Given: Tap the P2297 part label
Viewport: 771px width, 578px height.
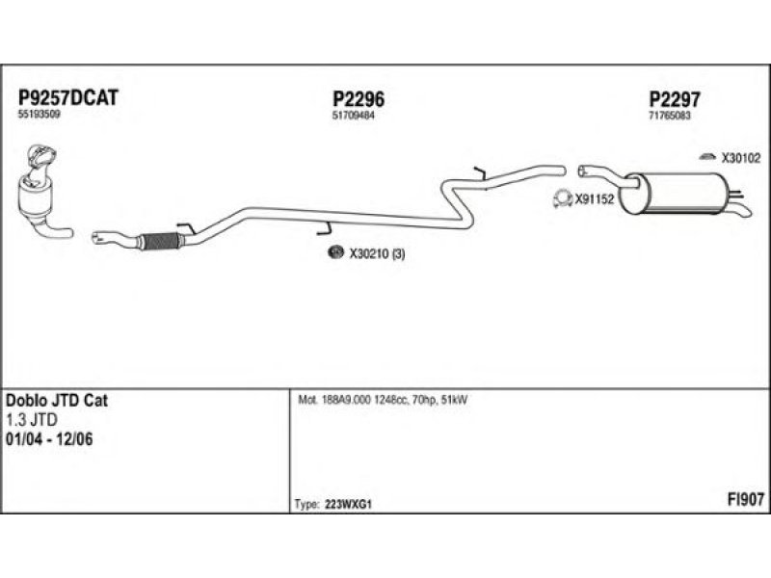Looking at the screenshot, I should (x=674, y=99).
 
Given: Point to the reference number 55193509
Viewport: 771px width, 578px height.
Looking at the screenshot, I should (x=39, y=115).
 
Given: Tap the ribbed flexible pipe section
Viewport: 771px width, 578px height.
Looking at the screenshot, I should (x=160, y=241).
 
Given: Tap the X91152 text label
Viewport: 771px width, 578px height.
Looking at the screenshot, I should (x=596, y=201).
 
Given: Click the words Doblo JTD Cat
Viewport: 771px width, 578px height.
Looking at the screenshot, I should (x=57, y=401).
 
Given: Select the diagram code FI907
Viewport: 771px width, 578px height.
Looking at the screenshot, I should (x=745, y=499).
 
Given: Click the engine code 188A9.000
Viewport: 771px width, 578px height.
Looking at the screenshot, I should (x=340, y=400).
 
